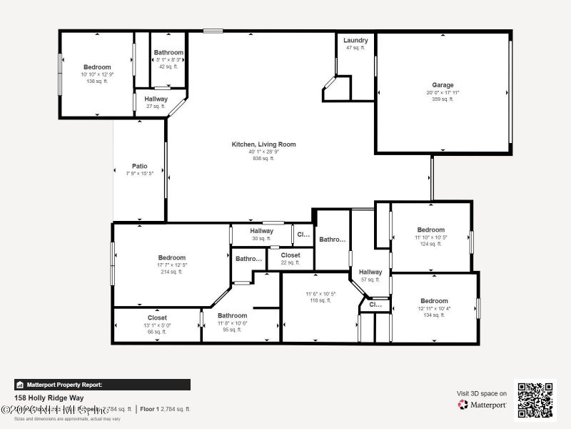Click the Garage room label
443,85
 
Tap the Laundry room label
355,41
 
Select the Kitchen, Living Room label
263,144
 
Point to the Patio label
139,166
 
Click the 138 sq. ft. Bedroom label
97,67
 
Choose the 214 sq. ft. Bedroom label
172,257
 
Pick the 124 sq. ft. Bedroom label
431,230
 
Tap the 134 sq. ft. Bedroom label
434,301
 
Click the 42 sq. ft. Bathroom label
168,53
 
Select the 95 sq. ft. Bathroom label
232,315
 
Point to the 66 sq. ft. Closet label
157,317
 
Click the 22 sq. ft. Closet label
290,255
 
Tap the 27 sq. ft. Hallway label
156,99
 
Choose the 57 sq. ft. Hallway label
370,272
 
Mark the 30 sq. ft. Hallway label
262,231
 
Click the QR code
535,400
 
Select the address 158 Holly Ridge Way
49,398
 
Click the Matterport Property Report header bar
102,385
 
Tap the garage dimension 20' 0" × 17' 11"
443,92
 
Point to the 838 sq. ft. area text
263,158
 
